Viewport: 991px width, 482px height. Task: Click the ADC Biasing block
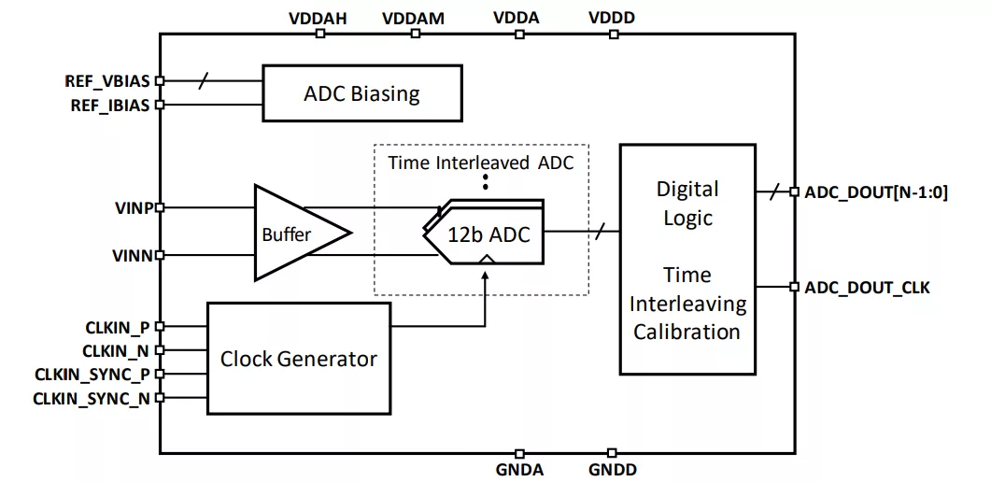pos(361,93)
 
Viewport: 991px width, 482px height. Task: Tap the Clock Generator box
pos(298,359)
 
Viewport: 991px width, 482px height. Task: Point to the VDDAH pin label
pos(319,18)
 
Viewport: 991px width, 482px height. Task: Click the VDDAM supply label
pos(414,18)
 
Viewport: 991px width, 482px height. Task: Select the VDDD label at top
pos(613,18)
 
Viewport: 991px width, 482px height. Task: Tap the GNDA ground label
pos(519,470)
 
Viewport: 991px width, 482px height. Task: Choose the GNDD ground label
pos(612,470)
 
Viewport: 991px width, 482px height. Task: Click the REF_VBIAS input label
pos(106,81)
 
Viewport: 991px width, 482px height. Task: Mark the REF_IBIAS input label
pos(109,106)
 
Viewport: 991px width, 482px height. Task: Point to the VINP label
pos(132,207)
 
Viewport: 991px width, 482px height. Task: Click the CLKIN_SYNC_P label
pos(92,375)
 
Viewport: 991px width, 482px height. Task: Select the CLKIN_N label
pos(116,351)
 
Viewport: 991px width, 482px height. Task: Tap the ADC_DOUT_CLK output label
pos(867,288)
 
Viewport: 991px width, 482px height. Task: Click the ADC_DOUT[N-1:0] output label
pos(875,192)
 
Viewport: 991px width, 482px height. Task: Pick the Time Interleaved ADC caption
pos(480,162)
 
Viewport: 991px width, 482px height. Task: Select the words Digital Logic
pos(687,204)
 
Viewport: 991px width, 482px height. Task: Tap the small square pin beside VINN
pos(160,255)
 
